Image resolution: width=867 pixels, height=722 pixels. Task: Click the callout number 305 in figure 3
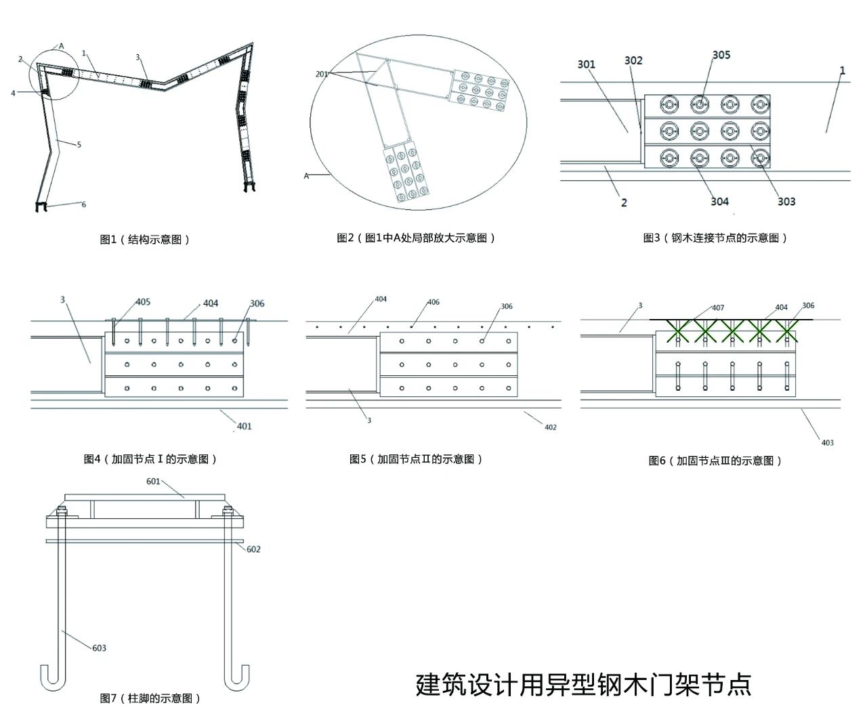click(x=721, y=55)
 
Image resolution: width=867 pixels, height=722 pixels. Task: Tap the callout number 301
click(x=587, y=64)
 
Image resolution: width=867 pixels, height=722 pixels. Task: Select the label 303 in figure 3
click(x=786, y=201)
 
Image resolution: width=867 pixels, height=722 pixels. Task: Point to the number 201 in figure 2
click(x=322, y=74)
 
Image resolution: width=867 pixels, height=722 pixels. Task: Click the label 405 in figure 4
click(x=143, y=302)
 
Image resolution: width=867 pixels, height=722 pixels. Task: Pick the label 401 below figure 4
click(x=244, y=426)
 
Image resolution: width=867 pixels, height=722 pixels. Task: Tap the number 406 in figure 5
click(x=433, y=302)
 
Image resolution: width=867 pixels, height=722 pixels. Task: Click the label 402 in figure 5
click(x=551, y=427)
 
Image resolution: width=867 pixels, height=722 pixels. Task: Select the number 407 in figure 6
click(x=718, y=307)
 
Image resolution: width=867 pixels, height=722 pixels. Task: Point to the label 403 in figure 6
click(x=827, y=443)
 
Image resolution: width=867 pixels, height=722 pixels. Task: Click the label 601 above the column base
click(x=154, y=481)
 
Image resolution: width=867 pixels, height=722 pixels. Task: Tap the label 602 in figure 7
click(x=253, y=549)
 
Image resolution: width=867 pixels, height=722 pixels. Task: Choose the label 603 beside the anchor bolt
click(x=99, y=648)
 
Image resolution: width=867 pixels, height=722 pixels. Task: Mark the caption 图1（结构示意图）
click(x=145, y=239)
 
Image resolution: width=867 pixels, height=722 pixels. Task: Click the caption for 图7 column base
click(x=150, y=698)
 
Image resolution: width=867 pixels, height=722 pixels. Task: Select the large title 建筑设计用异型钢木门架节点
click(x=583, y=685)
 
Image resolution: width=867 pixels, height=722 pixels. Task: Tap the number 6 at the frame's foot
click(x=84, y=205)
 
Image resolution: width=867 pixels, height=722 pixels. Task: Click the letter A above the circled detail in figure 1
click(x=62, y=46)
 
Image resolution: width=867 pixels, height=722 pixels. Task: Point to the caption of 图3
click(x=715, y=238)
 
